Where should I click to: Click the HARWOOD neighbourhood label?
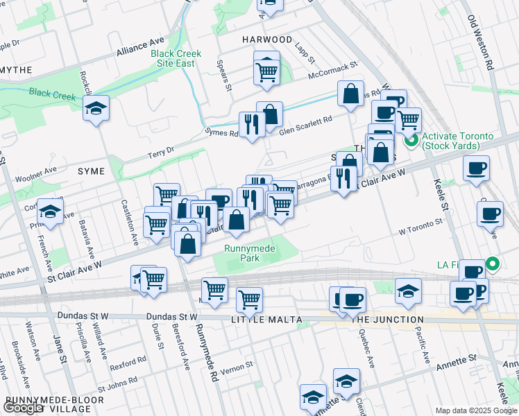coord(267,40)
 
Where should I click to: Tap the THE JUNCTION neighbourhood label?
coord(388,320)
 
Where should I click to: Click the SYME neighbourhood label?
coord(92,171)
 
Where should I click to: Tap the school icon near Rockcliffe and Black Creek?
coord(96,109)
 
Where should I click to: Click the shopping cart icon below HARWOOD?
coord(266,70)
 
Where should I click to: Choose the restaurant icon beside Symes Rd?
coord(251,123)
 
